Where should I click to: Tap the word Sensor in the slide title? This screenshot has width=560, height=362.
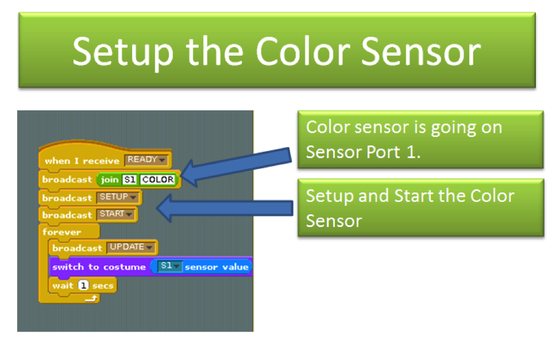pos(421,52)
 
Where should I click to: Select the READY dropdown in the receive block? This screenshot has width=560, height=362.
pos(146,160)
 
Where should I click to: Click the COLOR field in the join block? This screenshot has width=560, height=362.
pos(158,179)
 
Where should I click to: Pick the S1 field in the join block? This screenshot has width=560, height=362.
pos(130,179)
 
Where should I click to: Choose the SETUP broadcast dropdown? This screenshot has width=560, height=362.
pos(118,197)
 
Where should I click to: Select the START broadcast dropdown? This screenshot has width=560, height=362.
pos(115,214)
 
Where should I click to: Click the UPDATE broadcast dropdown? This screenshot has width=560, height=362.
pos(131,247)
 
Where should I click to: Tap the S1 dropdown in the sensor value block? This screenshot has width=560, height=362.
pos(170,266)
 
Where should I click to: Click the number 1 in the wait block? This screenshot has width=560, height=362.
pos(83,285)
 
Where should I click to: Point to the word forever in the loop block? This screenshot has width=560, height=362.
pos(62,232)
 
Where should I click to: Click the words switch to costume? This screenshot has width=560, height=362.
pos(99,267)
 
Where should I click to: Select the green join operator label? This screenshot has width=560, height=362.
pos(110,180)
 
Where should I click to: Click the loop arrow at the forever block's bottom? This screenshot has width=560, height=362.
pos(91,298)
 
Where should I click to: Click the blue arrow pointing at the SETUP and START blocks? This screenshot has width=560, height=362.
pos(225,208)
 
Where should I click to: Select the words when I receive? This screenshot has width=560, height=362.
pos(82,161)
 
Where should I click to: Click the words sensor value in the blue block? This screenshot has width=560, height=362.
pos(217,267)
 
